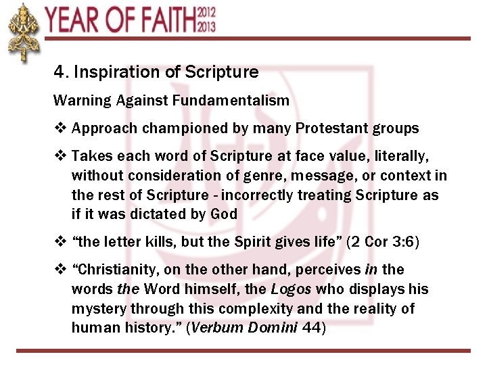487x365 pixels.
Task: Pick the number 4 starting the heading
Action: pos(59,72)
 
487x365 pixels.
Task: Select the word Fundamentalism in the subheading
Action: pos(230,101)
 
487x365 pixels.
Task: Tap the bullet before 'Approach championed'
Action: pos(60,128)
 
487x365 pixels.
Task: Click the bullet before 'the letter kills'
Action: pos(60,242)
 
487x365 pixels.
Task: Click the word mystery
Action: pos(96,309)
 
